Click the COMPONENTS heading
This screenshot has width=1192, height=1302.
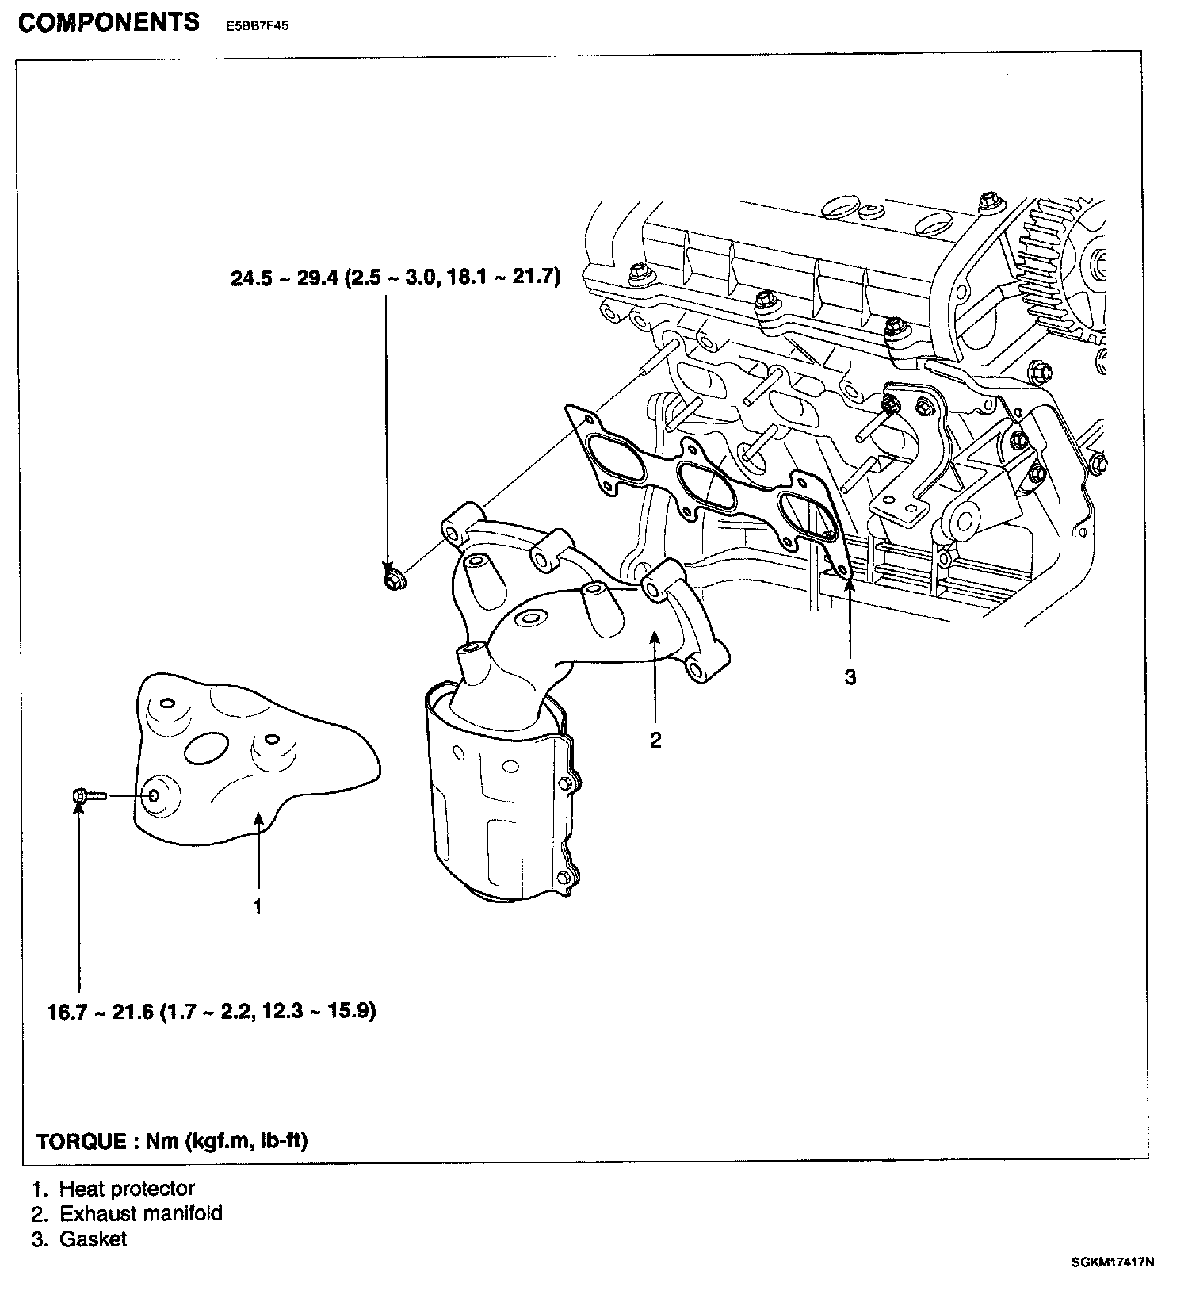[109, 22]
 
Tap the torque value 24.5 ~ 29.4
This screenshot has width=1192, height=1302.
[284, 278]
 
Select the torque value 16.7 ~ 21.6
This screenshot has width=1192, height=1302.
[99, 1012]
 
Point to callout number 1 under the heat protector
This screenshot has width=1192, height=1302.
[257, 907]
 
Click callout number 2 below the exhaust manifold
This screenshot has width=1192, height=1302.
[655, 741]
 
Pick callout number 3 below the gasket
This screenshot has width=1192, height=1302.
[850, 677]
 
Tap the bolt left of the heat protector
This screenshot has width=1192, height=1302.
[86, 795]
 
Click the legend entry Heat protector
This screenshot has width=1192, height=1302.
[127, 1189]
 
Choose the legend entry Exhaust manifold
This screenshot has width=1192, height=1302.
[141, 1213]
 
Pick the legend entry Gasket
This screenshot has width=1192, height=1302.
[93, 1239]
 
